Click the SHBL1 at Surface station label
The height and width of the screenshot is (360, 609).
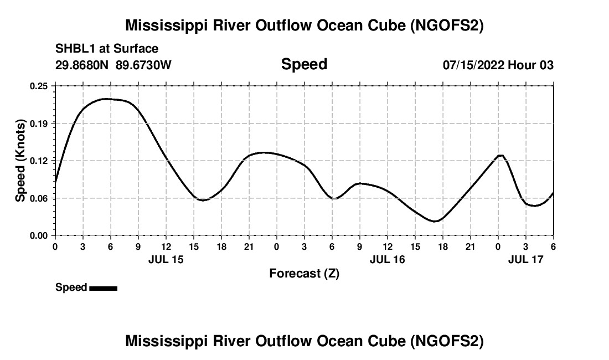click(x=107, y=49)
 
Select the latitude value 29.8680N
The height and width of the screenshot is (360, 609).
click(x=83, y=65)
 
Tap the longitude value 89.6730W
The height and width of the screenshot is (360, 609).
click(x=144, y=65)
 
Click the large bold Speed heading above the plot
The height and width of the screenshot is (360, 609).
click(x=304, y=64)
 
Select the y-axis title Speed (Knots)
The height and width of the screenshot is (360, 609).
click(x=20, y=161)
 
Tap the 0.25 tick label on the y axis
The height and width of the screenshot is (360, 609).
click(x=39, y=86)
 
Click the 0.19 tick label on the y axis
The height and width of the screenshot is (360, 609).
click(x=39, y=124)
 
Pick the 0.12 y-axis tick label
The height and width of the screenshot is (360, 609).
click(x=39, y=161)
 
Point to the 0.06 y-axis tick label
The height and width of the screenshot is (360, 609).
click(x=39, y=198)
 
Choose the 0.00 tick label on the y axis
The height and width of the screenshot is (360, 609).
click(x=39, y=235)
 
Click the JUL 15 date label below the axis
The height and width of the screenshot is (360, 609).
click(x=166, y=259)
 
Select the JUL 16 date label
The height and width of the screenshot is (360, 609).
click(x=387, y=259)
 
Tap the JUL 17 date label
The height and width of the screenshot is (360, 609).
click(x=526, y=259)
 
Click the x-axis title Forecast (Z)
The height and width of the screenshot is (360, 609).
click(x=304, y=273)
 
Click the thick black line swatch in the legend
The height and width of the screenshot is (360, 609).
click(x=103, y=288)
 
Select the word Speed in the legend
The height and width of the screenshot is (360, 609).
click(x=71, y=287)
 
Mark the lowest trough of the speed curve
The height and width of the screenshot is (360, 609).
click(x=436, y=222)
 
